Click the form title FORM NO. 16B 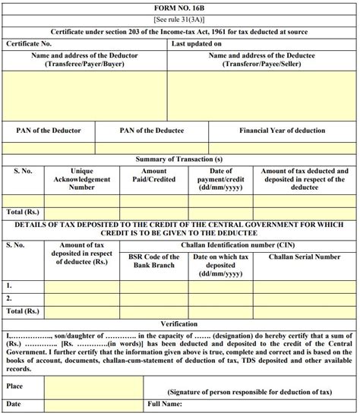pos(179,6)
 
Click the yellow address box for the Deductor pos(85,96)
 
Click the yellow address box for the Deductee pos(264,96)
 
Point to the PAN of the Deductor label pos(49,131)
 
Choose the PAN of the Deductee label pos(151,131)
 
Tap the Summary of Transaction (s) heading pos(179,159)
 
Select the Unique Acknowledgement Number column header pos(82,179)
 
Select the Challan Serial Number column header pos(306,257)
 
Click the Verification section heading pos(179,323)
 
